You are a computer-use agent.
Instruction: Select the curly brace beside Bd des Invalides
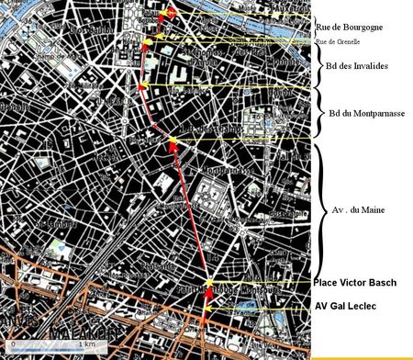click(318, 64)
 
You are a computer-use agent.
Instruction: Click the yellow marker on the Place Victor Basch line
click(209, 283)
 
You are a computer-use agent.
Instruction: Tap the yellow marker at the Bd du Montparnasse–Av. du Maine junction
click(172, 140)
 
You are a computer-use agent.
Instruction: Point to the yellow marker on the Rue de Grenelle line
click(147, 42)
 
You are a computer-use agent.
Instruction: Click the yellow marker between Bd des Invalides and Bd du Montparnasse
click(142, 86)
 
